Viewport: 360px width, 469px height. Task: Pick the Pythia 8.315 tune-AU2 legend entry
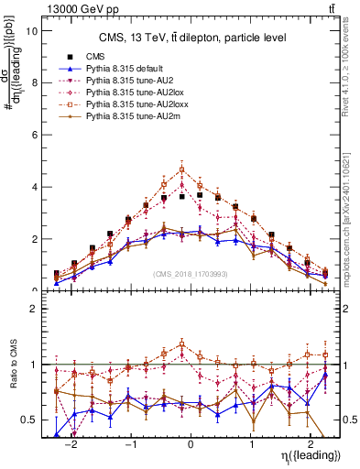pos(121,81)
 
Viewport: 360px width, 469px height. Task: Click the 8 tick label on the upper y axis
pos(33,82)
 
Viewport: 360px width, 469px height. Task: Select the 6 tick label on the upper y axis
pos(33,135)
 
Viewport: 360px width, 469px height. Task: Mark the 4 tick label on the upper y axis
pos(33,187)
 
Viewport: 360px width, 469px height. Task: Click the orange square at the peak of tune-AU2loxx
pos(182,169)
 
